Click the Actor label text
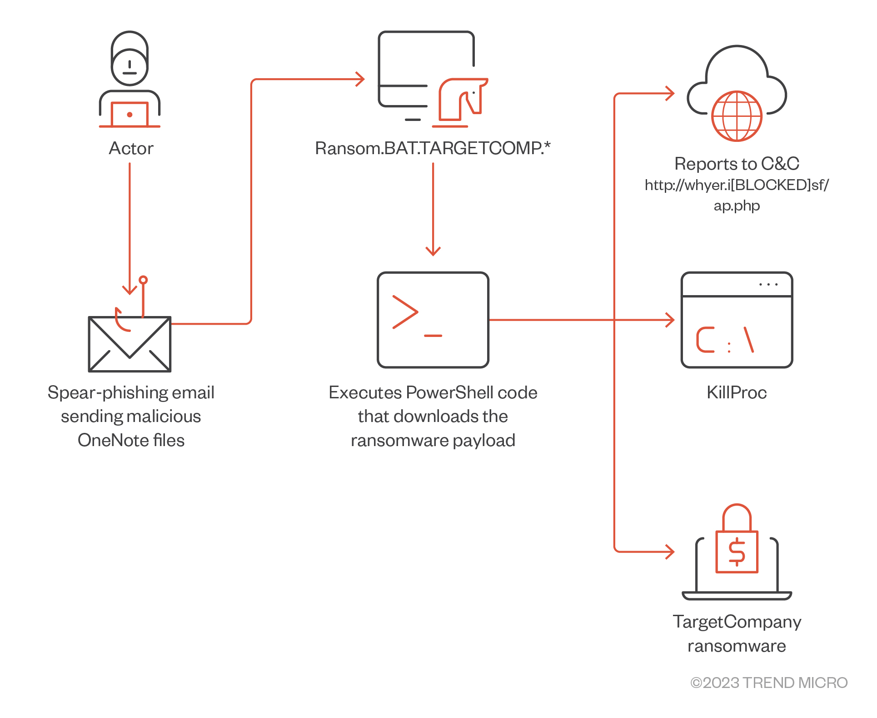pyautogui.click(x=131, y=148)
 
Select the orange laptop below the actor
pyautogui.click(x=130, y=115)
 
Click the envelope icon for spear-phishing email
pyautogui.click(x=130, y=345)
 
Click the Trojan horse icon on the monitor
pyautogui.click(x=461, y=100)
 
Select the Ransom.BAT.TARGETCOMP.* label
pyautogui.click(x=433, y=148)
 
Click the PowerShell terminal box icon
pyautogui.click(x=433, y=320)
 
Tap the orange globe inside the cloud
pyautogui.click(x=737, y=116)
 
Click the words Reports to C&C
pyautogui.click(x=737, y=164)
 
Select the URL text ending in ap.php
pyautogui.click(x=737, y=195)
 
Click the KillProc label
pyautogui.click(x=737, y=392)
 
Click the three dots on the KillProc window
pyautogui.click(x=768, y=285)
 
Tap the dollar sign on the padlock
pyautogui.click(x=737, y=552)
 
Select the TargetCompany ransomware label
pyautogui.click(x=737, y=634)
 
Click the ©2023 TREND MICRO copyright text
pyautogui.click(x=769, y=683)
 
